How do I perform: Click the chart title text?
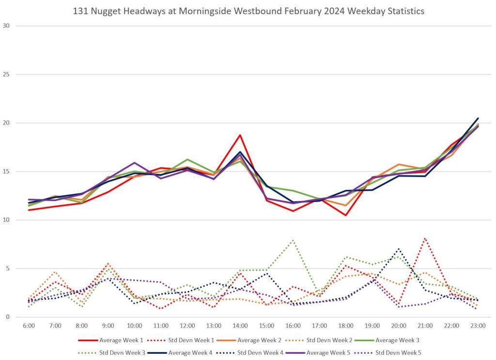click(x=248, y=11)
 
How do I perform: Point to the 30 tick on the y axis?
click(x=6, y=26)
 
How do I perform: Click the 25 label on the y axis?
click(x=6, y=75)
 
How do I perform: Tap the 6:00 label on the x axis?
click(x=29, y=326)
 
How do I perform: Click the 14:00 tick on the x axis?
click(x=240, y=326)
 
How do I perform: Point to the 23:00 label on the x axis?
click(x=478, y=326)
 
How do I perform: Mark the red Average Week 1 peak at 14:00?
click(x=240, y=135)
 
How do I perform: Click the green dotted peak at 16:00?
click(x=293, y=240)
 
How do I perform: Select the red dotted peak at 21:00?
click(x=425, y=238)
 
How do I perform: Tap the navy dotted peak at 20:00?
click(x=398, y=249)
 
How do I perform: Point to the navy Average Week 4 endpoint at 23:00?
click(x=478, y=118)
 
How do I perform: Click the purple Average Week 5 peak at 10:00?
click(x=134, y=163)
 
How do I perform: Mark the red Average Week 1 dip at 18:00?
click(x=345, y=215)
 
